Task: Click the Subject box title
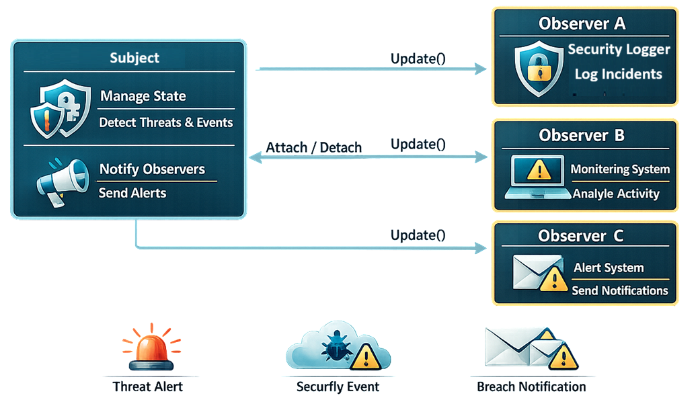click(x=134, y=58)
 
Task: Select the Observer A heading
click(x=582, y=24)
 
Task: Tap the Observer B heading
click(x=581, y=135)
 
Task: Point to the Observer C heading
click(x=580, y=235)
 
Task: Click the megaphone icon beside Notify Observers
click(x=63, y=181)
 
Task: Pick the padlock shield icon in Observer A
click(x=539, y=69)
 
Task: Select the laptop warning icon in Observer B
click(x=538, y=177)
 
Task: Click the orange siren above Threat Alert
click(x=151, y=347)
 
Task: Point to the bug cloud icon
click(x=338, y=346)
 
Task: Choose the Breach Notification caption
click(x=531, y=387)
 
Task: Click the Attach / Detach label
click(x=314, y=148)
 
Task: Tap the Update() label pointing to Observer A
click(x=418, y=59)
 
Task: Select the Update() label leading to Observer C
click(x=418, y=235)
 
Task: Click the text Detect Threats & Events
click(x=166, y=123)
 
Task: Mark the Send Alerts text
click(x=132, y=193)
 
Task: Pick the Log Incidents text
click(x=619, y=74)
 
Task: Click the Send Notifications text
click(x=620, y=291)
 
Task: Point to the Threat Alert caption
click(x=148, y=387)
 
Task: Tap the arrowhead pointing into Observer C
click(x=481, y=248)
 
